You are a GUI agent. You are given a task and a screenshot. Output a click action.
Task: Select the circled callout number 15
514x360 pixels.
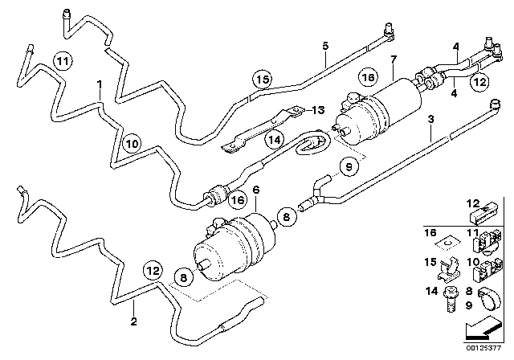click(262, 79)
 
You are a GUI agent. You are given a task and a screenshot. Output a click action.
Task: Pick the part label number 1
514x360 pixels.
click(99, 83)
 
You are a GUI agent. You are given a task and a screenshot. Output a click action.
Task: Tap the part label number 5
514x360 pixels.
click(325, 46)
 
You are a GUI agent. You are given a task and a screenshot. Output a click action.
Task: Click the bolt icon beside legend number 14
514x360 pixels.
click(451, 297)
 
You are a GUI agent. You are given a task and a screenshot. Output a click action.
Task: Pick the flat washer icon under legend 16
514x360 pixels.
click(450, 237)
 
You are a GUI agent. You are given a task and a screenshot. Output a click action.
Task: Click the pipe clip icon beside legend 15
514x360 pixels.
click(451, 266)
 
